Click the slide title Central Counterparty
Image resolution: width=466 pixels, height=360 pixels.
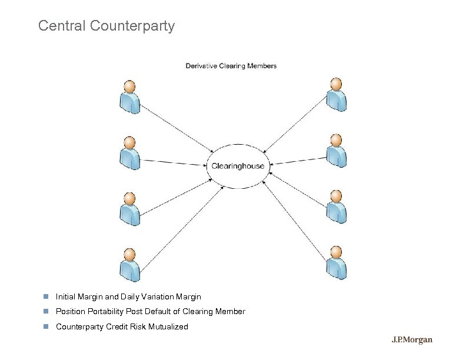[x=106, y=26]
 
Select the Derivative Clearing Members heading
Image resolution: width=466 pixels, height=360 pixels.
[x=231, y=66]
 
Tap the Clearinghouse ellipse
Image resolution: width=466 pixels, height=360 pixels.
[x=238, y=166]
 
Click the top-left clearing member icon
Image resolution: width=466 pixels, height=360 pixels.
[x=129, y=96]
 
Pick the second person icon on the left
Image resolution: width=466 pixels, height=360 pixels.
[x=129, y=153]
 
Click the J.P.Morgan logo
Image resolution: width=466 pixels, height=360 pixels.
[x=412, y=340]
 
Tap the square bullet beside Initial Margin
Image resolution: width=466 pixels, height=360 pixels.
[x=44, y=296]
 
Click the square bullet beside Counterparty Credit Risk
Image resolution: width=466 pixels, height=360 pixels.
[x=44, y=326]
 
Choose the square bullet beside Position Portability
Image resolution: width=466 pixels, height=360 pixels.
[x=44, y=311]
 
